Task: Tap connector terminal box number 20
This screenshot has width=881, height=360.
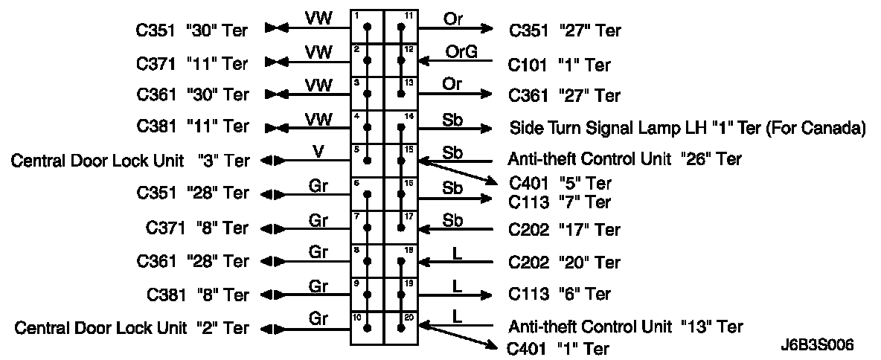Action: (x=401, y=327)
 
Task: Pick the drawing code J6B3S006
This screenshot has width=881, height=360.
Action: (x=816, y=345)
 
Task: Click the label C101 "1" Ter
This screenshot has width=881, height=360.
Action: (x=560, y=65)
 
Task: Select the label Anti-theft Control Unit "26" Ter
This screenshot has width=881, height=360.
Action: (x=624, y=158)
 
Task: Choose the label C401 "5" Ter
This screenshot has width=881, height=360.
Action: (x=560, y=183)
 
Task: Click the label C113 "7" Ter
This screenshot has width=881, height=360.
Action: (x=560, y=202)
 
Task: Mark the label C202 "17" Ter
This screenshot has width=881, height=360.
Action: (x=564, y=230)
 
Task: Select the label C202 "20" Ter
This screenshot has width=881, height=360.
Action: (x=564, y=263)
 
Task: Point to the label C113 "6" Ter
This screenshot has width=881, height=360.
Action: (x=560, y=295)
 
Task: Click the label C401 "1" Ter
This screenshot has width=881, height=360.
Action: (x=559, y=348)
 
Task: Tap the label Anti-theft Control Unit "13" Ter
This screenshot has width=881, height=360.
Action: (x=625, y=326)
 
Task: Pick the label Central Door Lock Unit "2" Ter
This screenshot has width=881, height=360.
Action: (x=132, y=327)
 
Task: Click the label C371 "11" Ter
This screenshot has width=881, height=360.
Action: (x=192, y=62)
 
